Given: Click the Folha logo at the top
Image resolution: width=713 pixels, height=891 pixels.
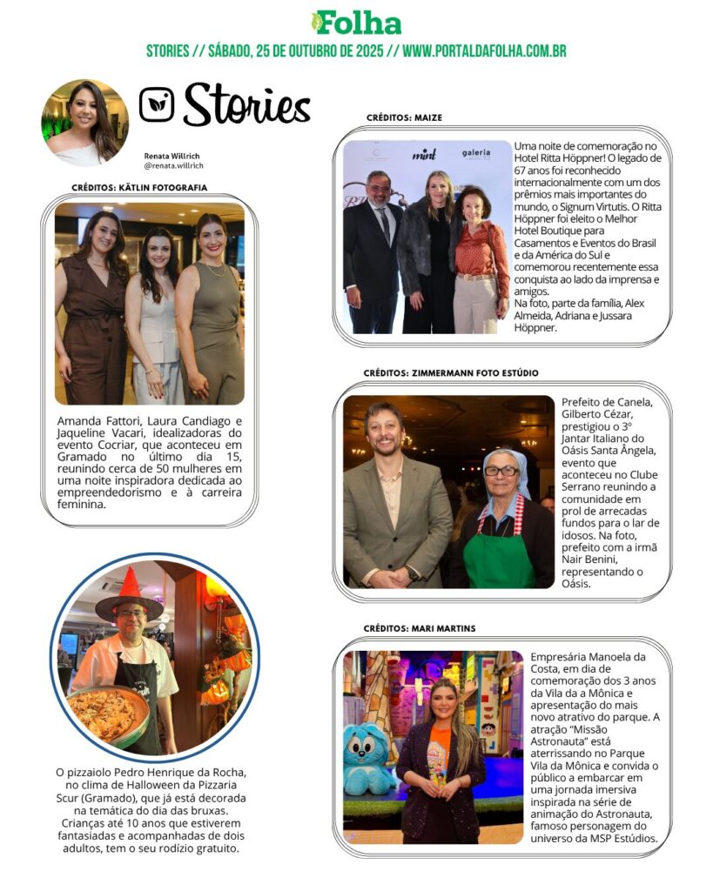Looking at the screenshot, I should (x=356, y=23).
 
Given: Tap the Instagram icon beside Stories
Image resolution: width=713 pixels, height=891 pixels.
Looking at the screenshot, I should (x=157, y=104).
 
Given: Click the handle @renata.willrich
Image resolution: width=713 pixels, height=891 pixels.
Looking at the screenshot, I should (x=173, y=165).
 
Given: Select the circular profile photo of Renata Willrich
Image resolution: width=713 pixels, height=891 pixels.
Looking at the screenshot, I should (x=85, y=123).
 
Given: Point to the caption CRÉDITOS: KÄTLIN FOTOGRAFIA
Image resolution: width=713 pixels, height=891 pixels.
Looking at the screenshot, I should (x=139, y=187).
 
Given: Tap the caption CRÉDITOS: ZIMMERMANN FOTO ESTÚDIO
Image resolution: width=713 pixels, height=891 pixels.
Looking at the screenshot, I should (x=450, y=373).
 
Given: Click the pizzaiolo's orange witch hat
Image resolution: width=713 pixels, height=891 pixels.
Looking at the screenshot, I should (x=130, y=593).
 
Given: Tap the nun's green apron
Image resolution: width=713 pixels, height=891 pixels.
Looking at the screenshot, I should (x=499, y=559).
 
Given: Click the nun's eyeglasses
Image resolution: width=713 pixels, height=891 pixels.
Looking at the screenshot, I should (x=501, y=471).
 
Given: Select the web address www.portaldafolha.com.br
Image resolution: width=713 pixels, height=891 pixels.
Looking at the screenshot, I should (x=484, y=50).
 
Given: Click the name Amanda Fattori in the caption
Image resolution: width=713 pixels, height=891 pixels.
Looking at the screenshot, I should (x=91, y=419).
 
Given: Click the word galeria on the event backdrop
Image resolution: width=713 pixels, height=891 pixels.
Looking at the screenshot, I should (x=476, y=153).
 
